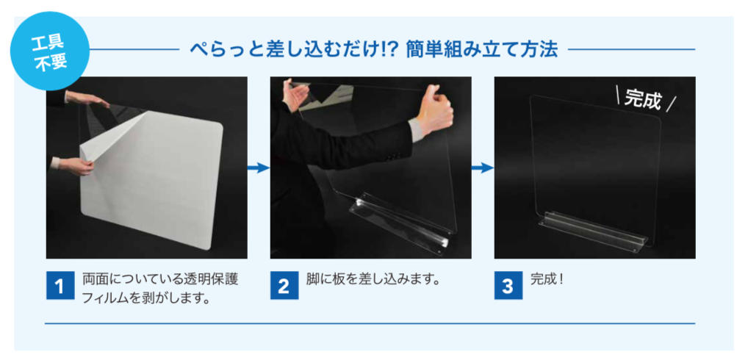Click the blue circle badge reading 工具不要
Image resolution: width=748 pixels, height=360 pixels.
pos(50,51)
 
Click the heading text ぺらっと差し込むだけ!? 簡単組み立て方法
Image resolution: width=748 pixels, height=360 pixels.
pos(373,49)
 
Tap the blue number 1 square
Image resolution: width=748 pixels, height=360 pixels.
pos(60,286)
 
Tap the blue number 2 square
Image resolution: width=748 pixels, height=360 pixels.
pos(284,286)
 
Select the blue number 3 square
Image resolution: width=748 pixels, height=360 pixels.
pos(508,286)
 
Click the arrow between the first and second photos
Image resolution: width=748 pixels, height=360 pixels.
pos(259,168)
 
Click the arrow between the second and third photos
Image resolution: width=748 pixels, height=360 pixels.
pos(482,168)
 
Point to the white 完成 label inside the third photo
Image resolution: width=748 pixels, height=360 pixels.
pos(644,101)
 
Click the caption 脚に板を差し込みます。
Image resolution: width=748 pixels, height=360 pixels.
pos(372,279)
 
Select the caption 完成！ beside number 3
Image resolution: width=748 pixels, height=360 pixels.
pos(547,279)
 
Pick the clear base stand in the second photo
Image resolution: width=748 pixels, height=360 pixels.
pos(400,220)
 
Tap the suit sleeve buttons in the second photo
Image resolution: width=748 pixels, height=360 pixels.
pos(393,156)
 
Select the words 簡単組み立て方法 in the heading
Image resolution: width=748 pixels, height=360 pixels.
pos(482,49)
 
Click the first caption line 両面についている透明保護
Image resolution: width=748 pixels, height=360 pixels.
pos(160,279)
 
